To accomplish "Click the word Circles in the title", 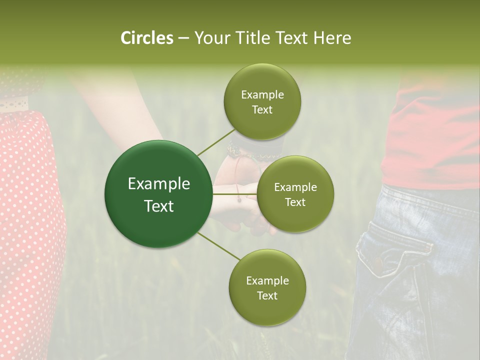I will (146, 38).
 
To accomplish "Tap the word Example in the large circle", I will (159, 184).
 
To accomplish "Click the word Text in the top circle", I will (262, 110).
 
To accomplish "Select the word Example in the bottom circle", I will (267, 281).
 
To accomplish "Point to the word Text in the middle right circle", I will (295, 202).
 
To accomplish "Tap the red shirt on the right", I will (435, 135).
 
